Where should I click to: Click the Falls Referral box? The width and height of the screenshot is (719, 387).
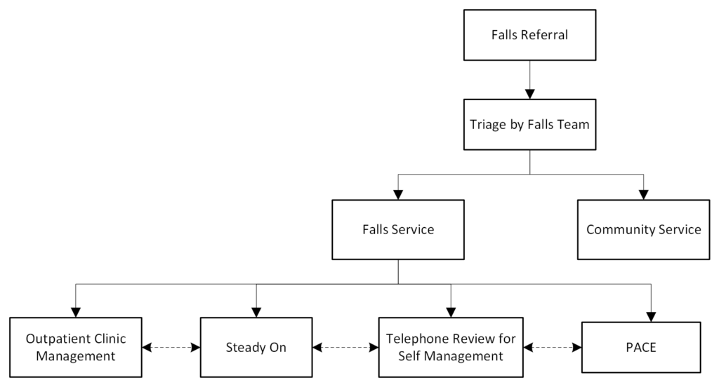[530, 34]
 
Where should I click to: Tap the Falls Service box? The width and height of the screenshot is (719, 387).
[398, 229]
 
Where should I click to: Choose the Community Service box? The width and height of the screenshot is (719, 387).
[643, 229]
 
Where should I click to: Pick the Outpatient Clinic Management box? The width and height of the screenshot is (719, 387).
[76, 347]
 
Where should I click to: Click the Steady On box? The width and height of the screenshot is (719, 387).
[256, 347]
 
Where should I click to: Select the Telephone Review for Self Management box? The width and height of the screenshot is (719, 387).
[451, 347]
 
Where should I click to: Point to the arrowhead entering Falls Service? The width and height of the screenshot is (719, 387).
[398, 193]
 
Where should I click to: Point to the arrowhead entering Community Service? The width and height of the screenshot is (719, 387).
[643, 193]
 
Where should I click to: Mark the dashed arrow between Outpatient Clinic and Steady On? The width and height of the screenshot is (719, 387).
[171, 347]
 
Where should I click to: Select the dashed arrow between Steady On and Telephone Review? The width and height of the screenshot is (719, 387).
[345, 347]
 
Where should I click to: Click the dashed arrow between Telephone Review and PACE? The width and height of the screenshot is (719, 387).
[553, 347]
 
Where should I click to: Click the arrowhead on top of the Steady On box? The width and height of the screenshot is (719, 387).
[256, 311]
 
